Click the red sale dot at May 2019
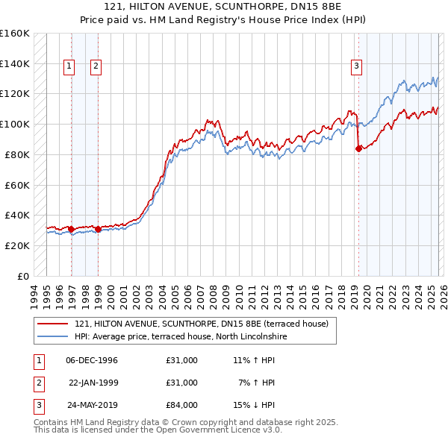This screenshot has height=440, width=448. pos(358,148)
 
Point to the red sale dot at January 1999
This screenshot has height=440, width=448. pos(99,229)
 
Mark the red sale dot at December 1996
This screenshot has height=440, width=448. pos(72,229)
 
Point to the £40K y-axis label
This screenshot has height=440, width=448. pos(17,215)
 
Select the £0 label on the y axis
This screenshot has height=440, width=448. pos(22,276)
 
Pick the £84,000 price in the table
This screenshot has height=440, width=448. pos(182,405)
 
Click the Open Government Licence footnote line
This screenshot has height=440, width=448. pos(158,430)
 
